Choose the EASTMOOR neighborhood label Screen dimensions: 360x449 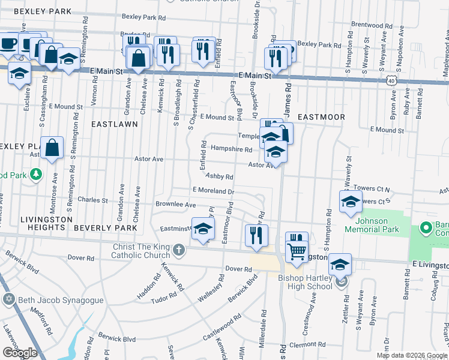(x=321, y=117)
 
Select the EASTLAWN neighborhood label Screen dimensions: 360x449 (x=114, y=124)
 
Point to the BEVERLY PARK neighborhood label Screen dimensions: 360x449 (x=101, y=228)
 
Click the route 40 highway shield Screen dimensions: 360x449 (x=391, y=80)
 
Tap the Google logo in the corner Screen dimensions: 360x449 (x=20, y=353)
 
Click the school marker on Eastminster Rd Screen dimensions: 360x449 (x=203, y=229)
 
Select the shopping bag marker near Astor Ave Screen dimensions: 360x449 (x=53, y=148)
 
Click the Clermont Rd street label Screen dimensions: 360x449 (x=307, y=345)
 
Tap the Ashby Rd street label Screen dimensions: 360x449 (x=219, y=176)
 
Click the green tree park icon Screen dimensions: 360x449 (x=37, y=173)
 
